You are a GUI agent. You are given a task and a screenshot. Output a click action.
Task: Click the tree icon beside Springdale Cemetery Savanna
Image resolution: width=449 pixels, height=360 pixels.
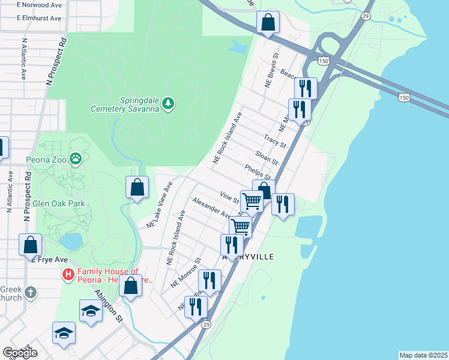[169, 104]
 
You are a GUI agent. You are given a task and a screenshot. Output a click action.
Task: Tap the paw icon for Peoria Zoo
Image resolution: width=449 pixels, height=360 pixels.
[76, 159]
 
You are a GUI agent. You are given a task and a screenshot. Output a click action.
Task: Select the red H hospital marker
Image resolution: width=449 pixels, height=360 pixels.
[68, 275]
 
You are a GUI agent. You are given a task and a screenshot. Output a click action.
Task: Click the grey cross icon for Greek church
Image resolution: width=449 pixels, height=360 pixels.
[30, 292]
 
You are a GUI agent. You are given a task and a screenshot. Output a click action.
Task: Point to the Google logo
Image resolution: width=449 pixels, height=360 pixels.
[19, 352]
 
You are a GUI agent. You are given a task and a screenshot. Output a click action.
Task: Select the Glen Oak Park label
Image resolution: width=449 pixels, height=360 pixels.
[58, 203]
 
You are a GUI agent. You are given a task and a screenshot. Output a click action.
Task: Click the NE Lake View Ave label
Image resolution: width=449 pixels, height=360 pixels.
[160, 204]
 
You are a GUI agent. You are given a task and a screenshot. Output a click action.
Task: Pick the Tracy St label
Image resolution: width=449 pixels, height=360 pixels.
[275, 142]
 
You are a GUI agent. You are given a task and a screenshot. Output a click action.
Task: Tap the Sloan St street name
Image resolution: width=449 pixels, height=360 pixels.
[267, 158]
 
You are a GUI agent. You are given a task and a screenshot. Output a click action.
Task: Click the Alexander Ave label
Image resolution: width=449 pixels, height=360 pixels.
[211, 208]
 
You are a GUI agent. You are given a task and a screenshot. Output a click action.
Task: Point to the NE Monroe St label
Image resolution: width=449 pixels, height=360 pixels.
[185, 274]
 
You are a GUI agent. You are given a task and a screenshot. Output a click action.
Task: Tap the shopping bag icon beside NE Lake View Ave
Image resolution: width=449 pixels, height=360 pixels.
[137, 187]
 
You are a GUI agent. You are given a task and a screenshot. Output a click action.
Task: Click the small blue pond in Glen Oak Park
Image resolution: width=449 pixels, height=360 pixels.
[71, 242]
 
